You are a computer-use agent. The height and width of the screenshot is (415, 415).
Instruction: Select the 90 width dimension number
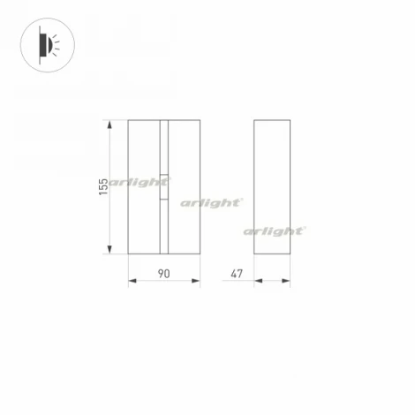tap(163, 274)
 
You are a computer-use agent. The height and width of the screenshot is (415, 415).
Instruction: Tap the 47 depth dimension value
tap(237, 274)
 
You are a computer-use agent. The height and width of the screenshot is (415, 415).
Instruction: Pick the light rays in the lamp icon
tap(55, 42)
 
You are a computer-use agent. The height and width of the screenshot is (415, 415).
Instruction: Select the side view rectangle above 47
tap(272, 187)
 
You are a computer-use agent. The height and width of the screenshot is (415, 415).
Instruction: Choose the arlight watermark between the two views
tap(212, 202)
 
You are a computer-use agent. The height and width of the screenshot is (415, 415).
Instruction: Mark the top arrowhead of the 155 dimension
tap(110, 123)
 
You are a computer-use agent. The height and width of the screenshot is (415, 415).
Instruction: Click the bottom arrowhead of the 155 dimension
tap(110, 253)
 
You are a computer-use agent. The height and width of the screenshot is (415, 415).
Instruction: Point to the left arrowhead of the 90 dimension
tap(132, 282)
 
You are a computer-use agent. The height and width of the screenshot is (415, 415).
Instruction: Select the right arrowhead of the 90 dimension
tap(197, 282)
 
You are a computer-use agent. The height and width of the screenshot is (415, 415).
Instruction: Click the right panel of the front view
tap(184, 159)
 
